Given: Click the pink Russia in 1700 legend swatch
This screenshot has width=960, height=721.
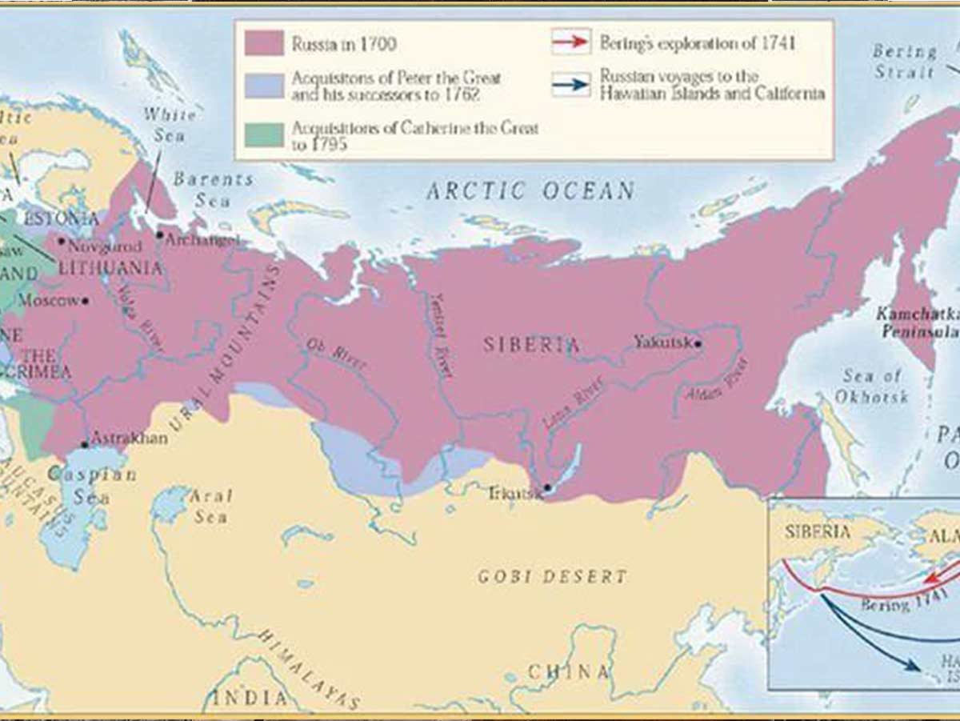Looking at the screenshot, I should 264,43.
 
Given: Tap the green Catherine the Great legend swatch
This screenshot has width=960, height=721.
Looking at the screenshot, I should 264,134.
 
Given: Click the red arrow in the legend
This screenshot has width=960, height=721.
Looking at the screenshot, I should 571,41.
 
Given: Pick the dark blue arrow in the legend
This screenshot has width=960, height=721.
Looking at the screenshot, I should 571,84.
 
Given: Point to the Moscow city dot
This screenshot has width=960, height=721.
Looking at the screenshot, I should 85,302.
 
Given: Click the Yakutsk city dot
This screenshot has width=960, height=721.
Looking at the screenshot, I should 698,344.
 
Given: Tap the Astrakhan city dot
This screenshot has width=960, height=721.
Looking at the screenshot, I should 84,444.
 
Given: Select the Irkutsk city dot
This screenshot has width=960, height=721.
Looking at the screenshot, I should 547,487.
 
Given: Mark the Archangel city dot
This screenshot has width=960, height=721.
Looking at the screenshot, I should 160,235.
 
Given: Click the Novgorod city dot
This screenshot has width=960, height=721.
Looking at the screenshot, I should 61,240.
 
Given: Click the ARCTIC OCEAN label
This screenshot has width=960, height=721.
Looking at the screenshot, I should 530,191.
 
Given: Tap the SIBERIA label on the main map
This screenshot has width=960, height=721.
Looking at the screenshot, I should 531,345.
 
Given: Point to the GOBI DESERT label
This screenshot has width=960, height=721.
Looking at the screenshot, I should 552,576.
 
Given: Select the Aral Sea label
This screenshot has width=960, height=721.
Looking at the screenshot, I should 210,507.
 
